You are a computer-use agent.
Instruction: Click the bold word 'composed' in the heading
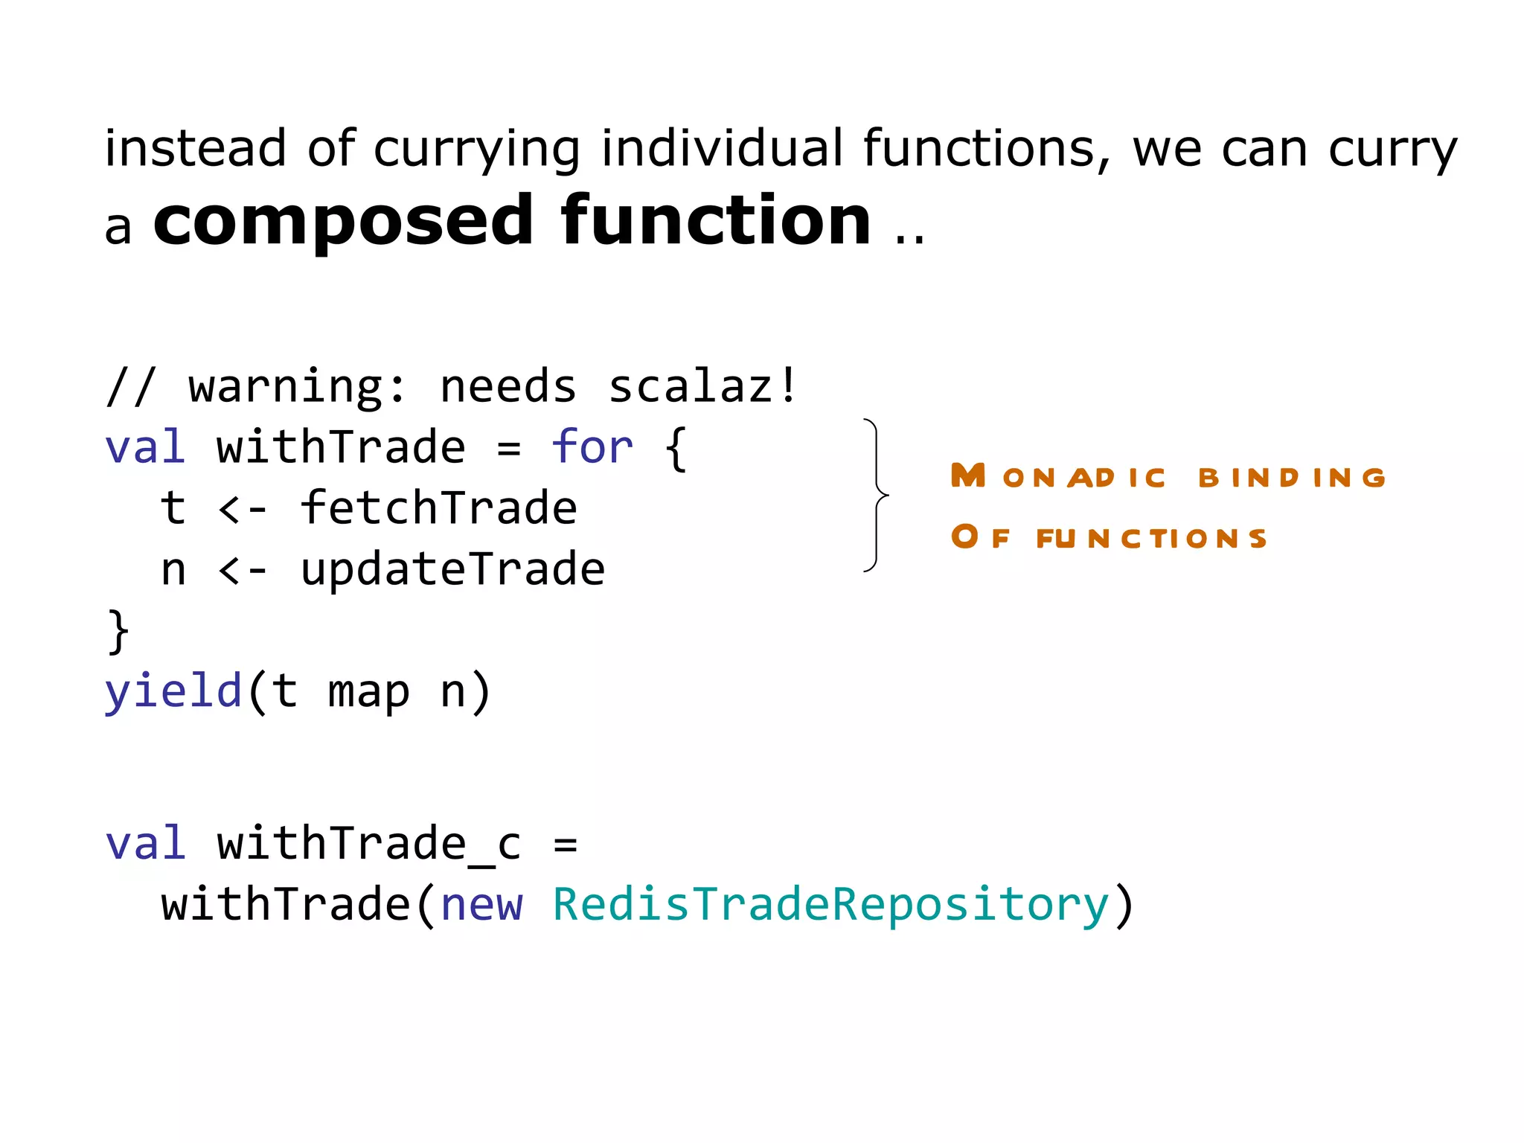[x=343, y=221]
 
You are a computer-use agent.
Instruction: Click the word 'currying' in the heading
[x=476, y=149]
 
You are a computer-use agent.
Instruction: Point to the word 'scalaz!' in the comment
[x=703, y=387]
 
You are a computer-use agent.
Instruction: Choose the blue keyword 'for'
[x=592, y=448]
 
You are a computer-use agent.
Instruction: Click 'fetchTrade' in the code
[x=438, y=509]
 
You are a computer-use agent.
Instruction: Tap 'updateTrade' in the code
[x=452, y=570]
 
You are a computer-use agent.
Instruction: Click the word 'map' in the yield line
[x=368, y=692]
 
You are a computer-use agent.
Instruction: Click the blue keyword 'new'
[x=481, y=906]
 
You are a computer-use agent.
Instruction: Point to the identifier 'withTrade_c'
[x=369, y=845]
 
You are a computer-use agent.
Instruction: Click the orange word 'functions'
[x=1151, y=537]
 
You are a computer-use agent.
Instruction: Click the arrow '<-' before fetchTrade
[x=243, y=509]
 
